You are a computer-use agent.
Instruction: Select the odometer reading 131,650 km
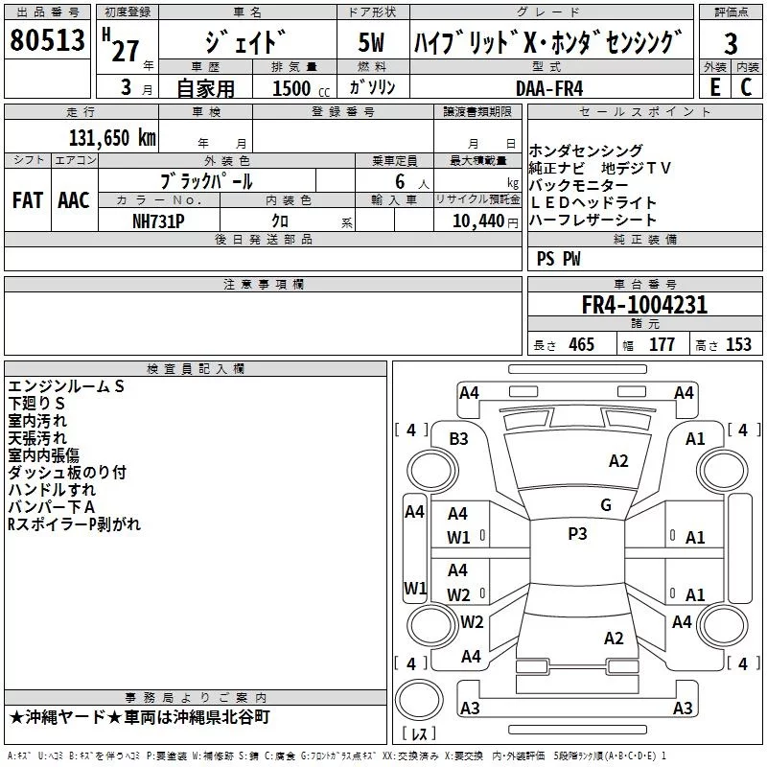[111, 137]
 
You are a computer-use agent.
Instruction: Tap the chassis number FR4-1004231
[644, 305]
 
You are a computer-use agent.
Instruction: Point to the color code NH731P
[158, 220]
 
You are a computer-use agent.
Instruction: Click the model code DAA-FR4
[548, 86]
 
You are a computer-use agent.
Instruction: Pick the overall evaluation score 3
[731, 43]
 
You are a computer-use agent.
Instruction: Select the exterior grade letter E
[714, 86]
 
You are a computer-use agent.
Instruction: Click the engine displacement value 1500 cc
[292, 87]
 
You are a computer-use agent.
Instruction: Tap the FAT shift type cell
[28, 200]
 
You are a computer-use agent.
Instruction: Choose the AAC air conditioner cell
[74, 200]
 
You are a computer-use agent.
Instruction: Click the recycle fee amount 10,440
[476, 221]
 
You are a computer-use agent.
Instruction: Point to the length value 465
[581, 344]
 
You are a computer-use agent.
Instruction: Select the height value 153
[738, 344]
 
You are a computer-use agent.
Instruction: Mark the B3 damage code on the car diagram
[458, 439]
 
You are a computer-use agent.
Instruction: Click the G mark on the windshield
[605, 505]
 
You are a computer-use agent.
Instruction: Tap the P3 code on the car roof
[577, 534]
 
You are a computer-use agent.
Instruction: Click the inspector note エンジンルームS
[66, 386]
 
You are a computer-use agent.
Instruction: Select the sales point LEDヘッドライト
[593, 202]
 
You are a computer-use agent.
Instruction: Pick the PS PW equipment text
[559, 258]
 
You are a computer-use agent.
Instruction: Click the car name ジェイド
[246, 44]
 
